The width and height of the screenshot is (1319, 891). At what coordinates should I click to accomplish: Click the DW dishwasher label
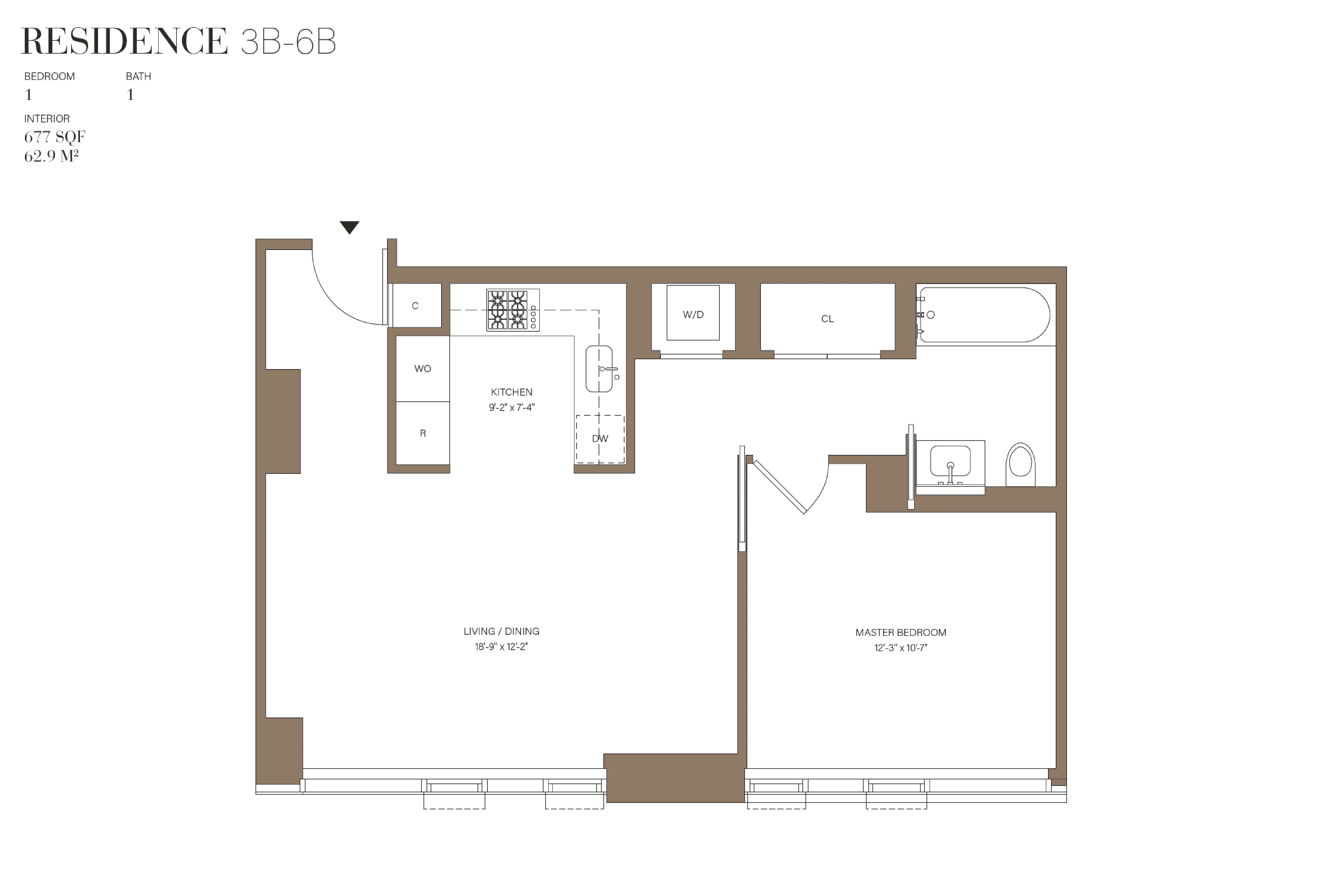point(600,438)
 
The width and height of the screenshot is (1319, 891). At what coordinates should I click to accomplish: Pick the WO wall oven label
point(422,368)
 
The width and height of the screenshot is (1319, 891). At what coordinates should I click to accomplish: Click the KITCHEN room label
point(511,392)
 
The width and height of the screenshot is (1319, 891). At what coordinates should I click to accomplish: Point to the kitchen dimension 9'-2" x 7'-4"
point(511,407)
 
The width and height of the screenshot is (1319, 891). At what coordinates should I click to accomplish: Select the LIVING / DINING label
point(501,631)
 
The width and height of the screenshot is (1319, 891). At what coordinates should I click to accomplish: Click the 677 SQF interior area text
point(55,137)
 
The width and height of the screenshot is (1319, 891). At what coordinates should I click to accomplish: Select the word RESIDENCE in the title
point(124,41)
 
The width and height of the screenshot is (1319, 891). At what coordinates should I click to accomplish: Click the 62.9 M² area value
point(51,156)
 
